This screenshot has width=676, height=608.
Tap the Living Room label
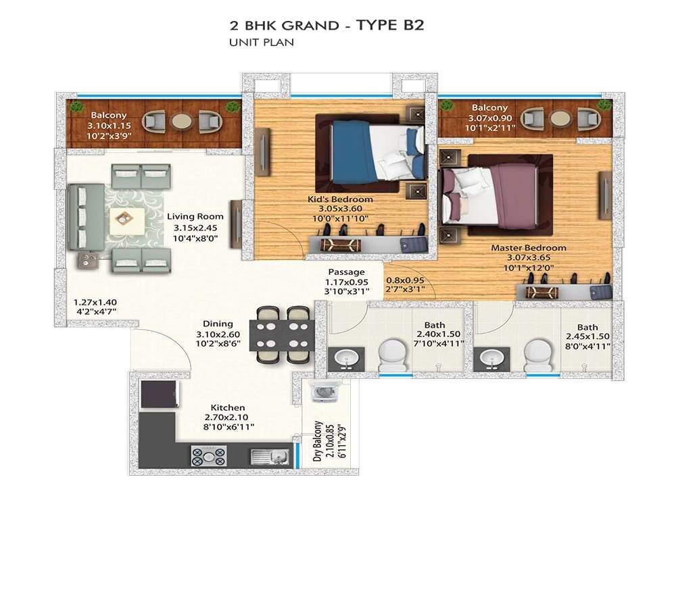[x=195, y=216]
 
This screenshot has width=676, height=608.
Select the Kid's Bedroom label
[x=340, y=199]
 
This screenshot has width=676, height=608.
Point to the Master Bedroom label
[x=528, y=247]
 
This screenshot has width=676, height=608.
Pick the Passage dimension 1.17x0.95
[x=346, y=282]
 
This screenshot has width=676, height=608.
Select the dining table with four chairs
[x=281, y=334]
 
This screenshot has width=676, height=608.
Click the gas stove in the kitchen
[x=209, y=457]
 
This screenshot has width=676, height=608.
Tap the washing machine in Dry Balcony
[x=319, y=394]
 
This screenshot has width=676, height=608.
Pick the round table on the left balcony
[x=181, y=121]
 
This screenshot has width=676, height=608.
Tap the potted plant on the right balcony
[x=605, y=105]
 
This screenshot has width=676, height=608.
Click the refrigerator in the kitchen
[x=160, y=394]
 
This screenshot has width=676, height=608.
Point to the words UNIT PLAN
[x=262, y=43]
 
